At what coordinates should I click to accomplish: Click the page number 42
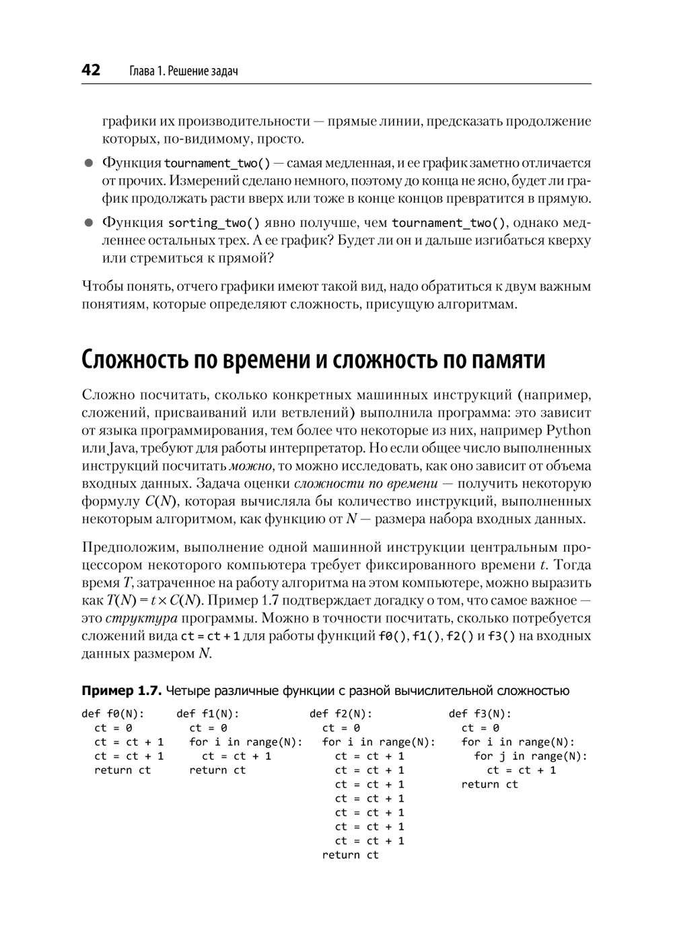pyautogui.click(x=91, y=70)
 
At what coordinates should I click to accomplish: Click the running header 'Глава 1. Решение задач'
pyautogui.click(x=182, y=71)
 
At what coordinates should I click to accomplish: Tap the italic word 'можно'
pyautogui.click(x=250, y=466)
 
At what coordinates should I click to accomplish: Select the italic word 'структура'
pyautogui.click(x=142, y=618)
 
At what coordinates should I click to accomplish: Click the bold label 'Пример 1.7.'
pyautogui.click(x=121, y=691)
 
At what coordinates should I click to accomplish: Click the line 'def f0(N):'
pyautogui.click(x=113, y=714)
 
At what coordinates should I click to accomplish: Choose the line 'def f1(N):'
pyautogui.click(x=208, y=714)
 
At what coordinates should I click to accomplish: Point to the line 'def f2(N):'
pyautogui.click(x=341, y=714)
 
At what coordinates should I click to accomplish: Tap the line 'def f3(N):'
pyautogui.click(x=480, y=714)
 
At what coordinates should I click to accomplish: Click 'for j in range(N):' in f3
pyautogui.click(x=530, y=756)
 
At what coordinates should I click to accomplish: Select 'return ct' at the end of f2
pyautogui.click(x=350, y=855)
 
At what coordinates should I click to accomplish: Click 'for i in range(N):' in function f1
pyautogui.click(x=246, y=742)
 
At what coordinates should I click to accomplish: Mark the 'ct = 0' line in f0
pyautogui.click(x=113, y=728)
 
